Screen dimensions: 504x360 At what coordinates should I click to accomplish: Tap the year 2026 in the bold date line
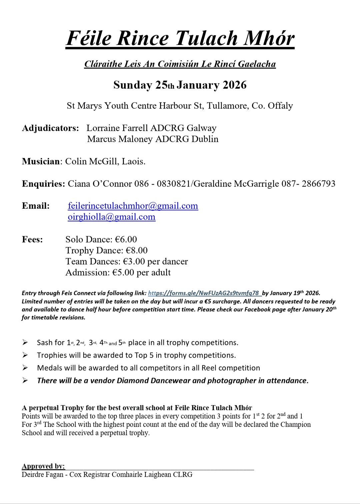(234, 85)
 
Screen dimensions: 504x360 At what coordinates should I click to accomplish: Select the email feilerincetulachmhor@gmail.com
(133, 206)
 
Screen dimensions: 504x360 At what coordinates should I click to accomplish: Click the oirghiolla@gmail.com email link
(111, 217)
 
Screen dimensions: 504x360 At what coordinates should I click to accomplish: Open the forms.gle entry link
(204, 293)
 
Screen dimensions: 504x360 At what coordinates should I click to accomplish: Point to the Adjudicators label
(50, 128)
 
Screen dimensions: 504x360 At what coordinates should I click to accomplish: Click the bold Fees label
(32, 239)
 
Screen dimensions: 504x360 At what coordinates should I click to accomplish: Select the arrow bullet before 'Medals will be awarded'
(25, 368)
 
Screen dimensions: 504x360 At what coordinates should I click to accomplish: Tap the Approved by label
(43, 466)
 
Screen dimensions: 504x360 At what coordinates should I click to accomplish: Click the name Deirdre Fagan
(42, 474)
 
